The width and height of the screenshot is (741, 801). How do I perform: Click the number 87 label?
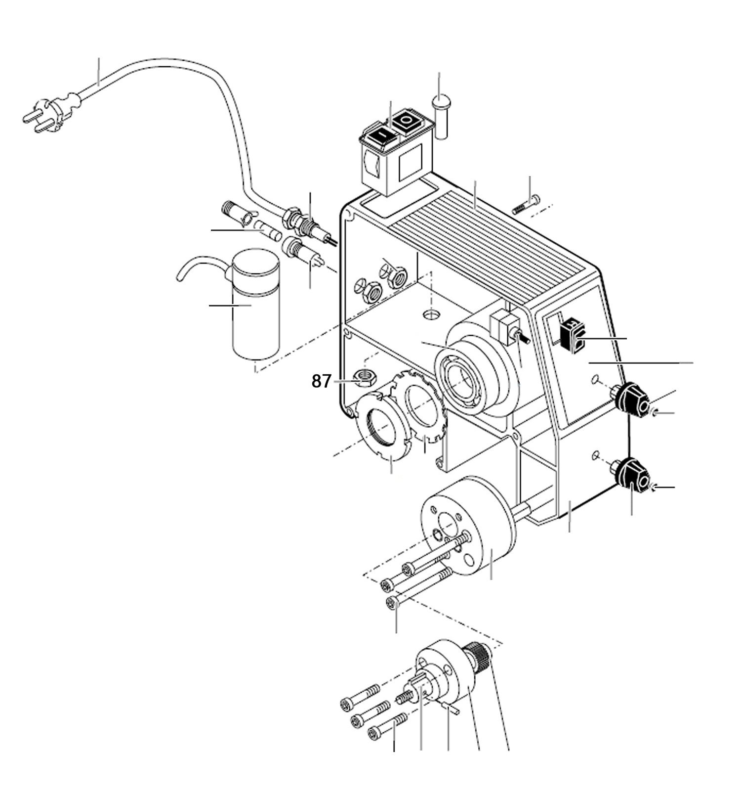(x=321, y=381)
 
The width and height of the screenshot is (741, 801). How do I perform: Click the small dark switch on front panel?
(x=572, y=336)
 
